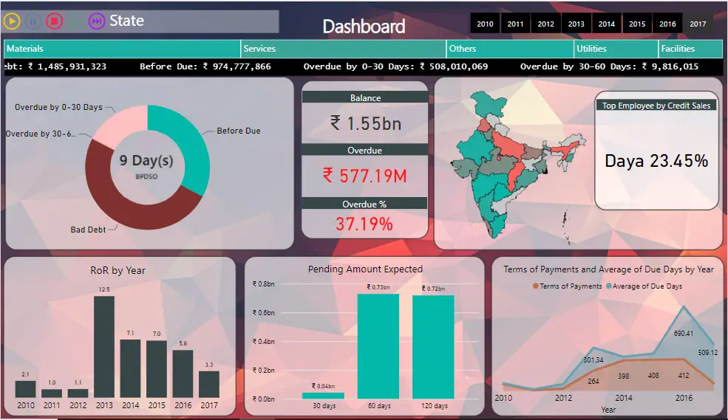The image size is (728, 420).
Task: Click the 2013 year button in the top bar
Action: (x=576, y=24)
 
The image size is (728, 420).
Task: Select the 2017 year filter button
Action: (x=698, y=24)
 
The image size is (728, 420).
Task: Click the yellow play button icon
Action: (x=11, y=21)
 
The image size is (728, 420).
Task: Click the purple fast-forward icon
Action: (x=96, y=21)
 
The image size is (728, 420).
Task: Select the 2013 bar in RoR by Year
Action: (x=103, y=346)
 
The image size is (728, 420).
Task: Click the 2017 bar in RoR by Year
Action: (x=209, y=384)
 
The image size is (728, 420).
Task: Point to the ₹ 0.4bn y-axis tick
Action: (x=264, y=341)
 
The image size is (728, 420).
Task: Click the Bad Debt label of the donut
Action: (x=88, y=230)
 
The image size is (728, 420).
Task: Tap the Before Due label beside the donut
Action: (x=238, y=131)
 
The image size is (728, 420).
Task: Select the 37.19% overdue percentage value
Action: (x=365, y=224)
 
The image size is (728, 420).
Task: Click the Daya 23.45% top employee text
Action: (x=656, y=161)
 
